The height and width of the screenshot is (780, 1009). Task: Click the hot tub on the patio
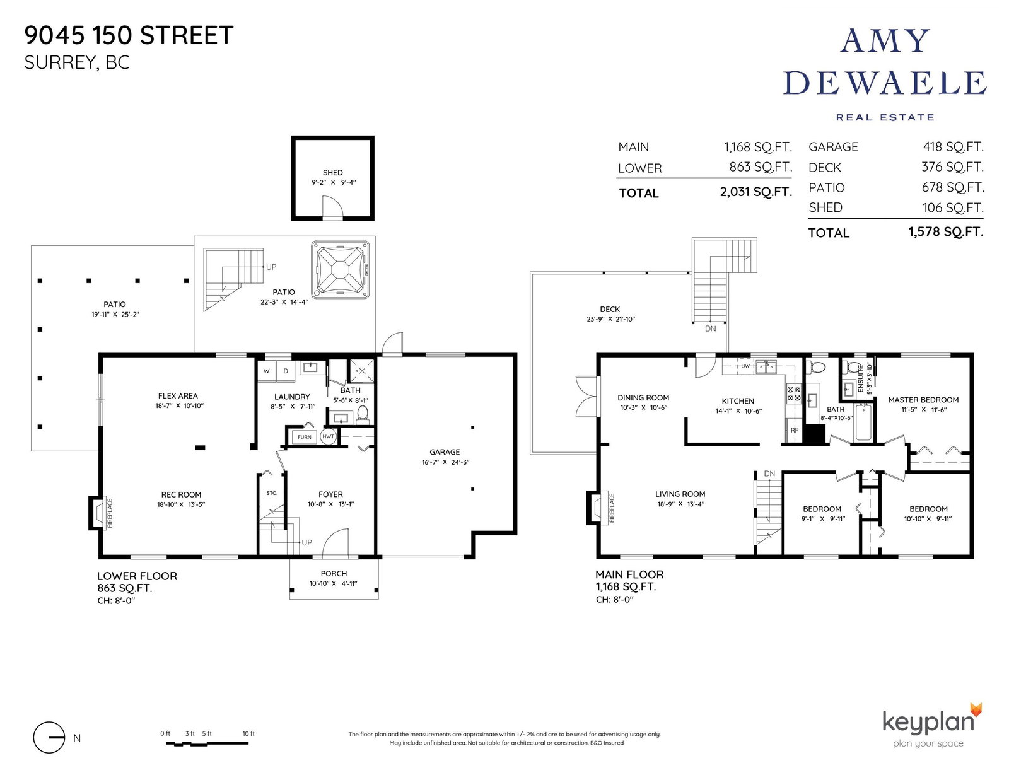click(341, 269)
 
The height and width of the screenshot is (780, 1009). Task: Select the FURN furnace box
click(304, 437)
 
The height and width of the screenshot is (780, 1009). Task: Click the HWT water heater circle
click(329, 436)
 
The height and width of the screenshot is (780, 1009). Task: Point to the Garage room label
click(445, 451)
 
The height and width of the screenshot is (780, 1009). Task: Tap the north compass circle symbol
click(49, 738)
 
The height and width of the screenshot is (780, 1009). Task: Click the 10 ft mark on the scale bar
click(248, 733)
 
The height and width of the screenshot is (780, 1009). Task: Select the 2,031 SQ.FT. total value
click(755, 192)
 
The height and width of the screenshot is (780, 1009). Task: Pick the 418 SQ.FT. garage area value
click(953, 147)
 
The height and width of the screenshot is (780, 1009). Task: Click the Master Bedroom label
click(923, 400)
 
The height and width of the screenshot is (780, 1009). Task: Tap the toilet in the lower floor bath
click(363, 414)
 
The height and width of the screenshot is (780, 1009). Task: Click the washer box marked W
click(267, 371)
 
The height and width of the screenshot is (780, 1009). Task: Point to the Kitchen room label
click(738, 401)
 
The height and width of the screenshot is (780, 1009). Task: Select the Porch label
click(334, 573)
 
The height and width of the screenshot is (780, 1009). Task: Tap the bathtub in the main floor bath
click(864, 422)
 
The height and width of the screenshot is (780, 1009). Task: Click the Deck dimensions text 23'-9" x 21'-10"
click(610, 319)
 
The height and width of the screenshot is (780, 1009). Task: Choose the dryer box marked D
click(286, 371)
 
